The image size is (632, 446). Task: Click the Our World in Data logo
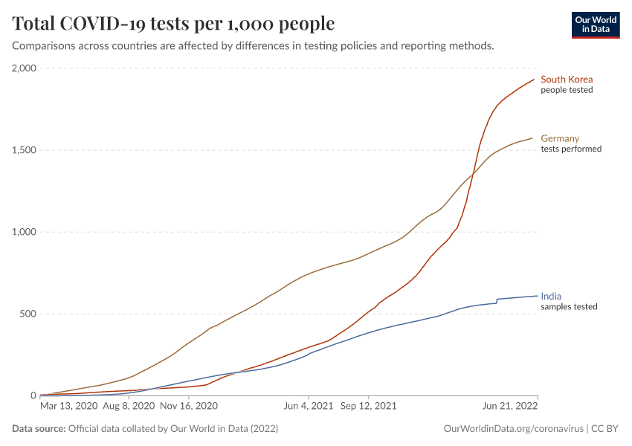595,25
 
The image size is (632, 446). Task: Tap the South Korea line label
566,80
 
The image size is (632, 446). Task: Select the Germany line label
560,138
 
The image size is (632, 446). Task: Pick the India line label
551,295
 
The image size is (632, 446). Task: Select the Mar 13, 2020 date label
68,407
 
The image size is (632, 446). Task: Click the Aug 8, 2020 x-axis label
129,407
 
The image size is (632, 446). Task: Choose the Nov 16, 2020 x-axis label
188,407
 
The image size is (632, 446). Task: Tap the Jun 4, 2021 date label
308,407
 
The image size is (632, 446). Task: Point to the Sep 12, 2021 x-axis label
368,407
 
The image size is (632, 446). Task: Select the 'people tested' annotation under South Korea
567,91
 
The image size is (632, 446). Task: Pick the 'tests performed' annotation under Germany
571,149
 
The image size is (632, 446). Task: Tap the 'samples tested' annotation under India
569,306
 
